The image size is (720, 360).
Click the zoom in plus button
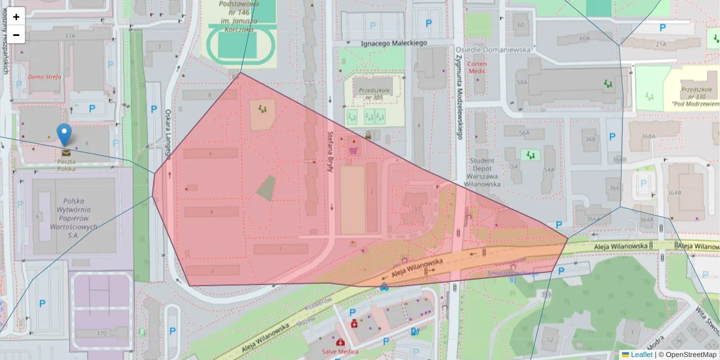click(x=16, y=16)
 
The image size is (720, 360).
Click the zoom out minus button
click(x=16, y=35)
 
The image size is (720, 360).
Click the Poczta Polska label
click(x=66, y=165)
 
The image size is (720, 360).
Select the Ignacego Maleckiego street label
click(x=394, y=43)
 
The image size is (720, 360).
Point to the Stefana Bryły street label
click(x=329, y=152)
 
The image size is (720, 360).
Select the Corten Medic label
click(x=477, y=67)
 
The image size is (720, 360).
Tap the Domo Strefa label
click(x=45, y=77)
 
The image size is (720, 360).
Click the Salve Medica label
click(x=340, y=352)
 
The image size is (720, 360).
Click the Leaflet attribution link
click(x=641, y=355)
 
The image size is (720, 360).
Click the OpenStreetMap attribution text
click(x=691, y=355)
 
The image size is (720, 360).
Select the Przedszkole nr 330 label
click(x=696, y=96)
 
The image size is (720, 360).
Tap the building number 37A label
click(x=70, y=36)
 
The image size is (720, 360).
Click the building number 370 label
click(x=101, y=333)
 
